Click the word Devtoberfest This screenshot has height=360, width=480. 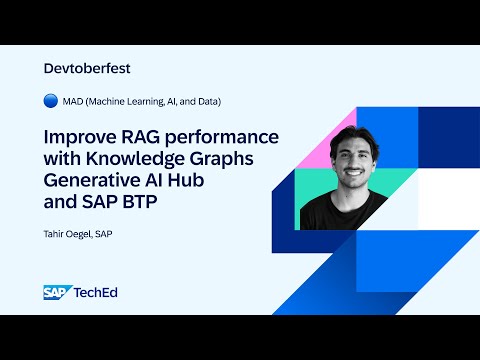(x=88, y=69)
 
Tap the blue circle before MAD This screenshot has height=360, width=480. (x=51, y=102)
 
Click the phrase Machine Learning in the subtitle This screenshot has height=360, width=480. (x=138, y=102)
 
